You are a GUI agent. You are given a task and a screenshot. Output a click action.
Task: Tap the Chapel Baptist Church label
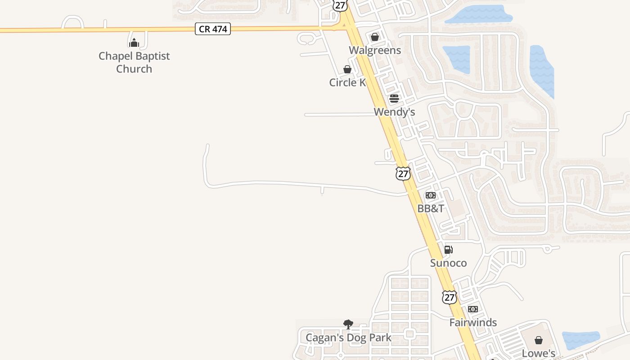click(134, 63)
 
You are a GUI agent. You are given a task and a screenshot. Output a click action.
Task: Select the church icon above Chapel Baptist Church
click(134, 43)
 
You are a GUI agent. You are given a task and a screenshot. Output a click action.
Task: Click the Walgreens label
click(375, 50)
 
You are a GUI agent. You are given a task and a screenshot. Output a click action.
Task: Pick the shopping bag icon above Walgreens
click(374, 36)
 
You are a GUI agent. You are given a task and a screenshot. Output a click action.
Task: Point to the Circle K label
click(347, 82)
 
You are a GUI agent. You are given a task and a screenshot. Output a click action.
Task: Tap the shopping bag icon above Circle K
click(347, 69)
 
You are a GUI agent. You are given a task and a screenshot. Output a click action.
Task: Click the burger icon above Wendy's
click(394, 99)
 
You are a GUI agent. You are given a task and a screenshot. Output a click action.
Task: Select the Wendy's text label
click(394, 112)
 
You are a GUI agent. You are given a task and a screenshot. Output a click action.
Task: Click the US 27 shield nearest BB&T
click(403, 173)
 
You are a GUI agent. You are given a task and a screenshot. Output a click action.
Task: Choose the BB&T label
click(431, 208)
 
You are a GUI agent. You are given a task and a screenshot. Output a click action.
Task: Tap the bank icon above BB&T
click(431, 195)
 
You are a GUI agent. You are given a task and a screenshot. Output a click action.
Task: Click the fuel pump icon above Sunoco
click(448, 250)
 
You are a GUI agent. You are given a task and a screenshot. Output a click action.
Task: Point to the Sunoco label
click(448, 263)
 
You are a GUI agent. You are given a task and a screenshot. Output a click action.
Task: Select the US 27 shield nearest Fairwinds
click(449, 297)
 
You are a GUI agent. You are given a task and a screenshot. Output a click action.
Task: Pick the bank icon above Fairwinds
click(472, 309)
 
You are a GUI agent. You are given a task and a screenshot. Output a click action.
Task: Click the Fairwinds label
click(473, 322)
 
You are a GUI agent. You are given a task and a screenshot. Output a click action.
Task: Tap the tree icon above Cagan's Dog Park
click(348, 324)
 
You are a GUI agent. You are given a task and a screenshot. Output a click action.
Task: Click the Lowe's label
click(539, 353)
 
